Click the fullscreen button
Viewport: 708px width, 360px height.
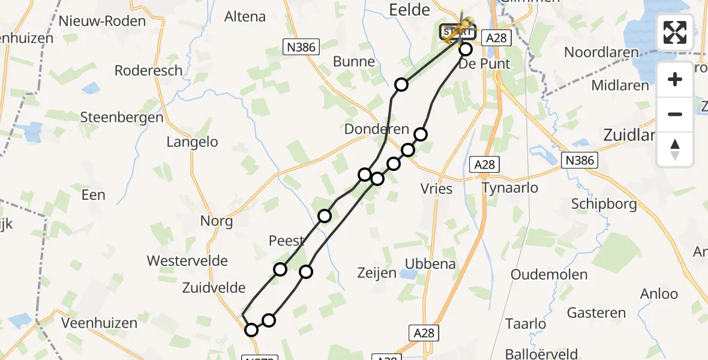pyautogui.click(x=675, y=32)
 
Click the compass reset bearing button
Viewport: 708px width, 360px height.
pyautogui.click(x=675, y=149)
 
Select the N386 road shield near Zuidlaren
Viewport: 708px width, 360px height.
pyautogui.click(x=580, y=160)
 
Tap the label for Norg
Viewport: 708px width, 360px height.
pyautogui.click(x=217, y=221)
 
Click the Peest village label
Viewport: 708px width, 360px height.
pyautogui.click(x=287, y=241)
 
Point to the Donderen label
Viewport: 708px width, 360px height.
pyautogui.click(x=376, y=129)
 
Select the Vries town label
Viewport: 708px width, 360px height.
pyautogui.click(x=436, y=188)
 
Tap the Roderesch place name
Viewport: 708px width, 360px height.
pyautogui.click(x=148, y=70)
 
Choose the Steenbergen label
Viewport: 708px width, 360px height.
pyautogui.click(x=122, y=117)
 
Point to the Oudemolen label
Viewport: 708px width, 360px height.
pyautogui.click(x=549, y=274)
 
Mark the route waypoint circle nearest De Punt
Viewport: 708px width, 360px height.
pyautogui.click(x=466, y=49)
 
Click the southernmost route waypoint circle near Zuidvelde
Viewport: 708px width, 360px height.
pyautogui.click(x=251, y=330)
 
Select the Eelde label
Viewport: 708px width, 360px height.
pyautogui.click(x=410, y=10)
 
